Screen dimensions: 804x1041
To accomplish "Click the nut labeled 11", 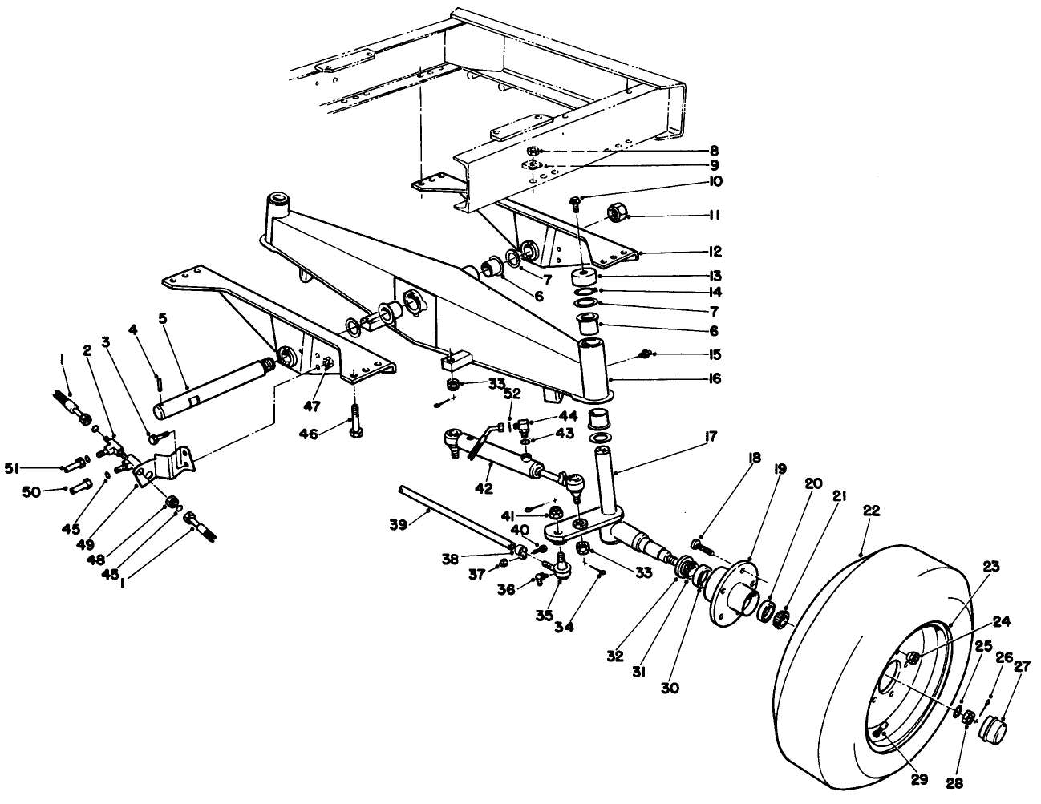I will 617,213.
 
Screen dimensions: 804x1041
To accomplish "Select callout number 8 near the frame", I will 713,151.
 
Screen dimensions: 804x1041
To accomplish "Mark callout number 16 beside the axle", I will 713,378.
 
